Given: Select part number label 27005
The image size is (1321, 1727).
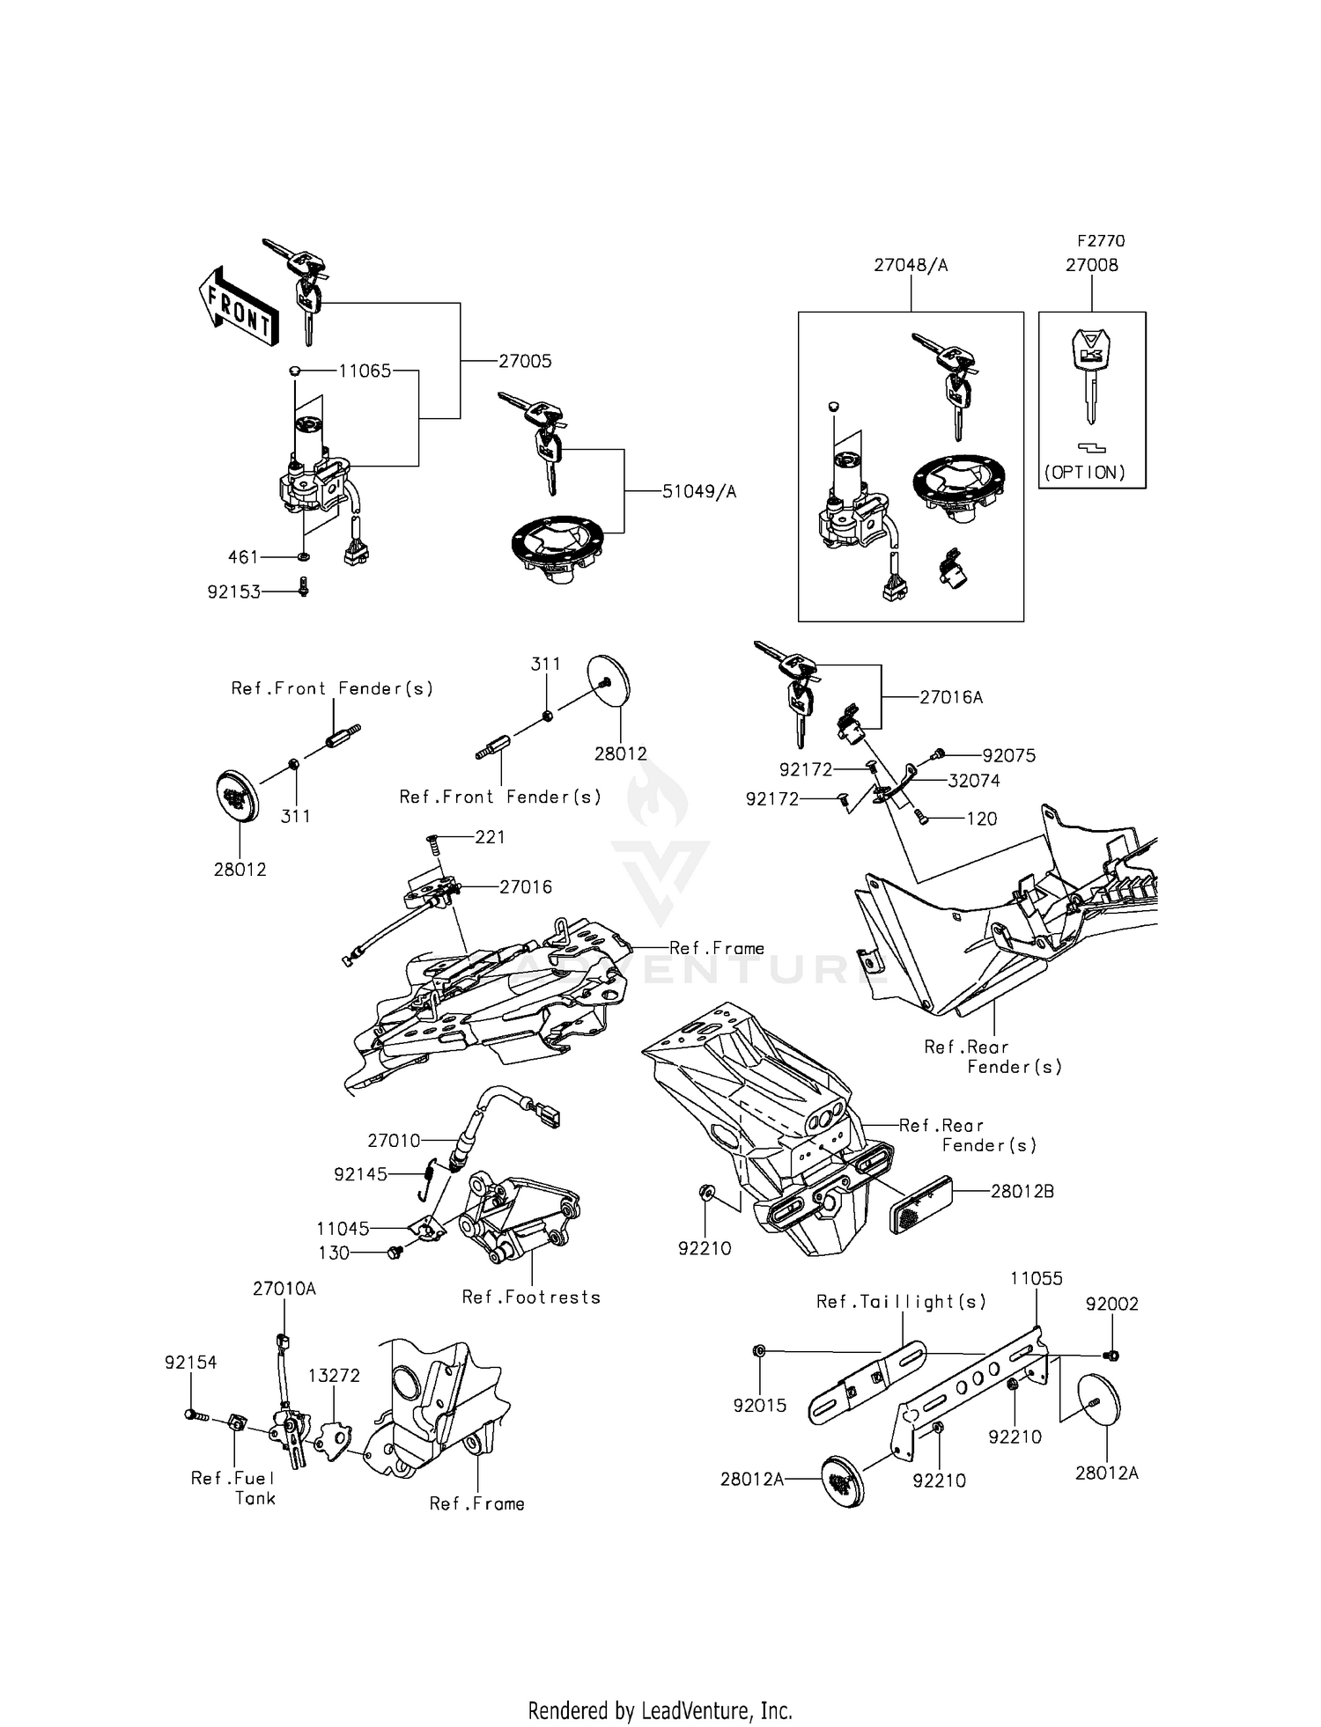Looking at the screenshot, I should pyautogui.click(x=525, y=361).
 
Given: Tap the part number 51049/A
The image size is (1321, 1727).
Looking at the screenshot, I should pyautogui.click(x=699, y=492).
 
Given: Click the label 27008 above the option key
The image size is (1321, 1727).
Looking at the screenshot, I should pyautogui.click(x=1091, y=265).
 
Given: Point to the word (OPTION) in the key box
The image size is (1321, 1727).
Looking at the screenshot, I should pyautogui.click(x=1085, y=473).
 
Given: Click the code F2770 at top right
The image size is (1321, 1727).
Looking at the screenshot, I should pyautogui.click(x=1101, y=240).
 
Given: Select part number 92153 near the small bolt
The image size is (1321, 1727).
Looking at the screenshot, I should pyautogui.click(x=234, y=592).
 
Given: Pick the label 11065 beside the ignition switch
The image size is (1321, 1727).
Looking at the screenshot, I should pyautogui.click(x=365, y=371).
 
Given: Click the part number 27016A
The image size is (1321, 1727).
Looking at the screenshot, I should pyautogui.click(x=951, y=697).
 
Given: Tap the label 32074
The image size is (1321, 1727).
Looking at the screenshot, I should pyautogui.click(x=974, y=781).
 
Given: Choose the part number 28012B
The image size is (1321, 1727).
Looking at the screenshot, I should pyautogui.click(x=1022, y=1192).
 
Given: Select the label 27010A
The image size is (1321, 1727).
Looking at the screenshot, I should pyautogui.click(x=284, y=1289).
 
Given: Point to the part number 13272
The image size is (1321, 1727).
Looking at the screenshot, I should pyautogui.click(x=334, y=1376).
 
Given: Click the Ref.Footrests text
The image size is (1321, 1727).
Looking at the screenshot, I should pyautogui.click(x=531, y=1297).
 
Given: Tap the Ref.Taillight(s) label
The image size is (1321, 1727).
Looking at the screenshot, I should pyautogui.click(x=901, y=1302).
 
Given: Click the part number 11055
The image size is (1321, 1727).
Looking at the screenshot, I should pyautogui.click(x=1037, y=1278).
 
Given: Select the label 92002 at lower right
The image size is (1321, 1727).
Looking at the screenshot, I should pyautogui.click(x=1111, y=1304).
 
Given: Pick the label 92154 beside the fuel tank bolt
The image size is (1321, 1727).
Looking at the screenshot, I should pyautogui.click(x=190, y=1363).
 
